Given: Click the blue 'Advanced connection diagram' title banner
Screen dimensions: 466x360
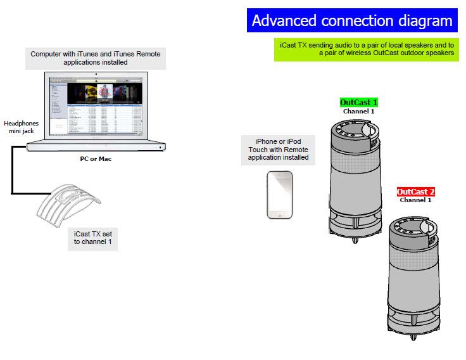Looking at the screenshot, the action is coord(352,20).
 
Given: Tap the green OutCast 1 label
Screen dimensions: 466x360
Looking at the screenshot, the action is coord(359,102).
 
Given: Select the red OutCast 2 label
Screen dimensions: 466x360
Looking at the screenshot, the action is coord(416,191).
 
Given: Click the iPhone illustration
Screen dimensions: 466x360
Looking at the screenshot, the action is coord(280,195).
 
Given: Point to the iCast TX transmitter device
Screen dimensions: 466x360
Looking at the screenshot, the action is coord(68,205).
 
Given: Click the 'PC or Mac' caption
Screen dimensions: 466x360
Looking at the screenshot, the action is coord(96,159).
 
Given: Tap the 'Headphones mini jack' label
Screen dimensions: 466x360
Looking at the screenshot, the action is coord(21,127).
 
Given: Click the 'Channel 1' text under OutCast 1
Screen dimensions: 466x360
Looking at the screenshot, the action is coord(359,112).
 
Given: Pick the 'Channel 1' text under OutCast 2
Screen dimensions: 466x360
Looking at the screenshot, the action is coord(415,200).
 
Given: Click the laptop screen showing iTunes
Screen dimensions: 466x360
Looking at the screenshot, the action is coord(96,106).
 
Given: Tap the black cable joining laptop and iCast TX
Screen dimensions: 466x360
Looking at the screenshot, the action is coord(12,170).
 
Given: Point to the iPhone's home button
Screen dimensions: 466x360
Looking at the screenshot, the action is coord(280,214).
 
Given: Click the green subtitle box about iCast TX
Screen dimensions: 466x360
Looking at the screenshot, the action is coord(367,49).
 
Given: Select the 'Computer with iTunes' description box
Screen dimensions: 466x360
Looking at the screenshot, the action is coord(96,58).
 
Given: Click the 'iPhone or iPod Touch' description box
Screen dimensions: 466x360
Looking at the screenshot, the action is coord(278,150).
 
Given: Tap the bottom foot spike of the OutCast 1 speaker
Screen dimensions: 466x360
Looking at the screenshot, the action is coord(355,240).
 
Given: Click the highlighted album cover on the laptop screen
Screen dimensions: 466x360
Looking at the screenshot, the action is coord(105,93).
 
